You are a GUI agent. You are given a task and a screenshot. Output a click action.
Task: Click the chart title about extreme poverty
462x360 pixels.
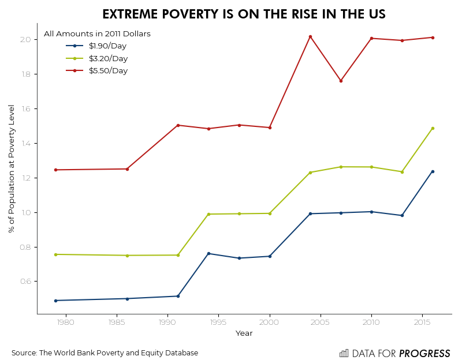click(x=244, y=14)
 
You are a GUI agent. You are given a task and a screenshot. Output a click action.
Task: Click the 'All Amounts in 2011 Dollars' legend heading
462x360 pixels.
click(x=97, y=34)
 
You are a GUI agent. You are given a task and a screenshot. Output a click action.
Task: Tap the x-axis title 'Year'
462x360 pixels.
click(x=244, y=333)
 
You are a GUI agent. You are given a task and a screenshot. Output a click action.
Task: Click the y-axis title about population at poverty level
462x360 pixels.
click(x=12, y=169)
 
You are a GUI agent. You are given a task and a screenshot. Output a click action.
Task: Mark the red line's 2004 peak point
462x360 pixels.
click(x=310, y=36)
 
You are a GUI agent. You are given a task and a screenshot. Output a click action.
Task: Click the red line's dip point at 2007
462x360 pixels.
click(x=341, y=81)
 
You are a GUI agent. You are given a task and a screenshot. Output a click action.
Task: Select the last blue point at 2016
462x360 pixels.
click(x=433, y=171)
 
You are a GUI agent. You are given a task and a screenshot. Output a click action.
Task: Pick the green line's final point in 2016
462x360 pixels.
click(x=433, y=128)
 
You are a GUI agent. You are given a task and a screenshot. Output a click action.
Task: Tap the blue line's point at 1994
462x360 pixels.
click(x=208, y=253)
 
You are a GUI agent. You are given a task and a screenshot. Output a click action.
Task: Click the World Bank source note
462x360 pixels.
click(x=105, y=353)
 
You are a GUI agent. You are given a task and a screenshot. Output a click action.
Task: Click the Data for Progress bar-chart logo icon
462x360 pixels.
click(x=344, y=353)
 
